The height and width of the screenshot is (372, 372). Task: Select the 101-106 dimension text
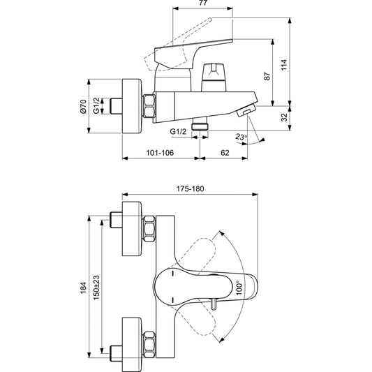(x=159, y=151)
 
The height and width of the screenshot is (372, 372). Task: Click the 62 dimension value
(x=225, y=151)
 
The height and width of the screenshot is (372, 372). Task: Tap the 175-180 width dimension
(x=189, y=188)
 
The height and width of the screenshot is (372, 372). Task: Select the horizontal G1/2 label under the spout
(x=178, y=131)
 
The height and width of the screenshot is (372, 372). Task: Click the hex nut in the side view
(x=149, y=107)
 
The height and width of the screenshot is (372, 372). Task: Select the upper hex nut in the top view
(x=149, y=229)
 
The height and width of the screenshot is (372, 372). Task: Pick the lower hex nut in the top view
(x=149, y=342)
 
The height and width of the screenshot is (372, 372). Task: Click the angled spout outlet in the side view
(x=246, y=112)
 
